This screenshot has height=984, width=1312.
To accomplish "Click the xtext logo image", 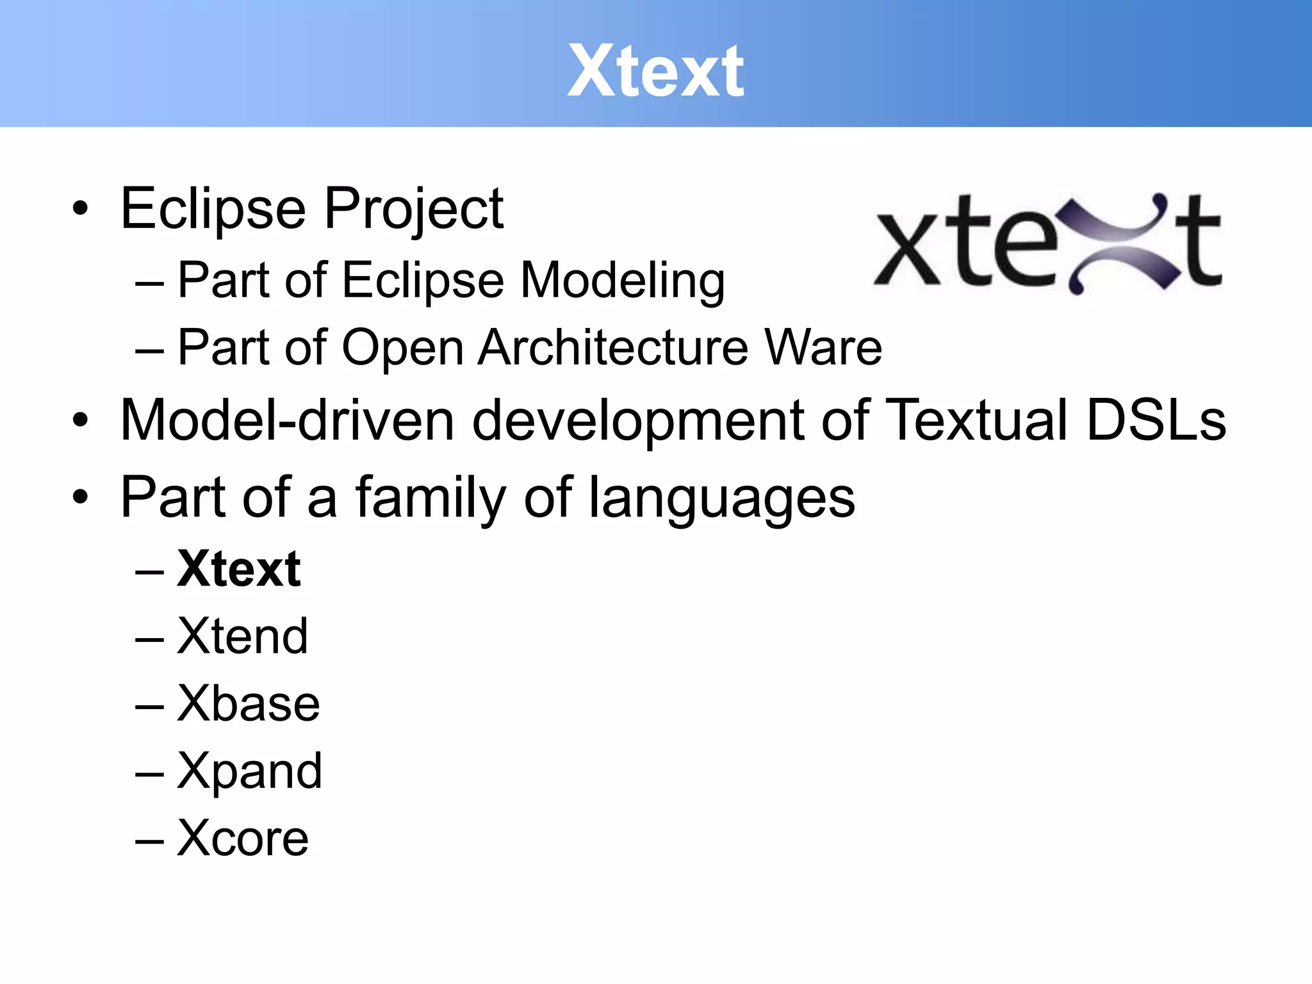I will (1048, 243).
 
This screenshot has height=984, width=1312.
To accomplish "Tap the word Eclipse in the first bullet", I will (213, 209).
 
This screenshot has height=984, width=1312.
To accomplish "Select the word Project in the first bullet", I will (414, 209).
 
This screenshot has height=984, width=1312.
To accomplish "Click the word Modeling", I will (622, 281).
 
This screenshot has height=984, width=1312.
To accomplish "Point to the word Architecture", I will (613, 348).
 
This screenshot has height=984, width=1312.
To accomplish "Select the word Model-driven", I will (287, 421).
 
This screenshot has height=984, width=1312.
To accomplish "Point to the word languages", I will (721, 498).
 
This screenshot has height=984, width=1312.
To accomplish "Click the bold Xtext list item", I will (239, 569).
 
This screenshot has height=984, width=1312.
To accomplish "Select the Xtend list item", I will (242, 636).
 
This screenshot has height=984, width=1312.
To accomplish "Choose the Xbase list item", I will (248, 703).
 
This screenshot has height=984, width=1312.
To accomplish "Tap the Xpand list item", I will (249, 771).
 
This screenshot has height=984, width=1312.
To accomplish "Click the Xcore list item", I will (242, 838).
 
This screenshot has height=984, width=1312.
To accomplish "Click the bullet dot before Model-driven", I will (80, 421).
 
